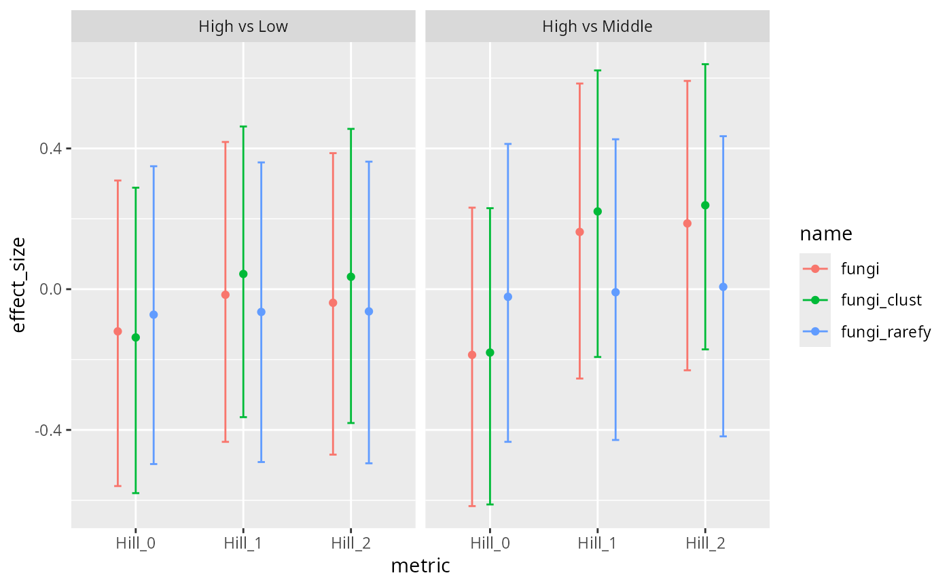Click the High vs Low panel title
[243, 27]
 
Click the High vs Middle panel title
[597, 27]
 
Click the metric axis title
[420, 566]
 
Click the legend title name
[825, 234]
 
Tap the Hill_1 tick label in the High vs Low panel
[243, 543]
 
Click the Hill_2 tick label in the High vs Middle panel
[705, 543]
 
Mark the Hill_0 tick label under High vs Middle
[490, 543]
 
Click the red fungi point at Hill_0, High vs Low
[118, 331]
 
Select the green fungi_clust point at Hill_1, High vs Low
[243, 274]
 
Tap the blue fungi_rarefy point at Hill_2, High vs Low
[369, 311]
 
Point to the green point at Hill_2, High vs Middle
[705, 205]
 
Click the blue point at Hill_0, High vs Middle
[508, 297]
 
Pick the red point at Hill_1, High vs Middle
[579, 232]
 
